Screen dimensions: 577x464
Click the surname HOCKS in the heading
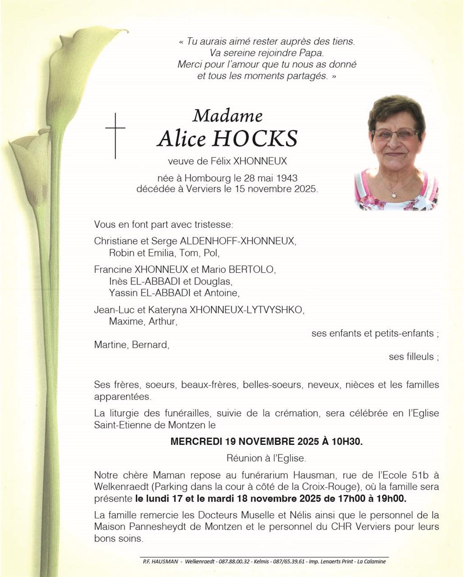coord(255,139)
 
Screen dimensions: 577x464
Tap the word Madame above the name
coord(227,116)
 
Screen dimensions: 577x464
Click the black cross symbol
coord(115,135)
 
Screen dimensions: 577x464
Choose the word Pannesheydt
coord(154,527)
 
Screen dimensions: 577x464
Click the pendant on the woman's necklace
coord(394,195)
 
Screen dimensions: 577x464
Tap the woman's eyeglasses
coord(396,134)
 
